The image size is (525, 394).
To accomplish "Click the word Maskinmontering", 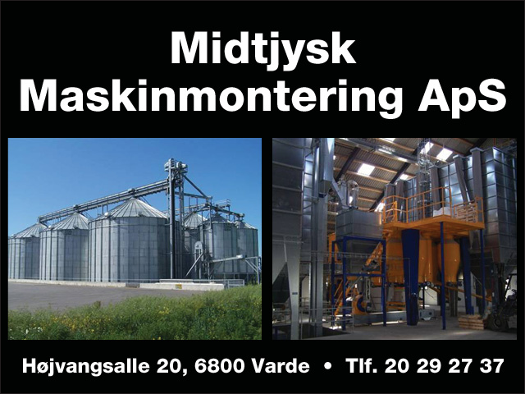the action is point(212,96).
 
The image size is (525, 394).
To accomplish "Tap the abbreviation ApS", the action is point(462,96).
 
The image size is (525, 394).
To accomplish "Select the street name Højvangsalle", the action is point(85,367).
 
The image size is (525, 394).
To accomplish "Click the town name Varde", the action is point(281,366).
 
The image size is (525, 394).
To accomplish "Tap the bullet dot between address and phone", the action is point(328,366).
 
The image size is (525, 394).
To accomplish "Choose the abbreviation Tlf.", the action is point(362,366).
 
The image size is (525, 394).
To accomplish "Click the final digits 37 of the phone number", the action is point(491,366).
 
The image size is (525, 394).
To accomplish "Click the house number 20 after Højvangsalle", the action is point(169,367).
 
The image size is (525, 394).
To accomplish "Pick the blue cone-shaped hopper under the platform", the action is point(411,254).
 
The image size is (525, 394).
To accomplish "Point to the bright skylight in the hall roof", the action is point(366,170).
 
